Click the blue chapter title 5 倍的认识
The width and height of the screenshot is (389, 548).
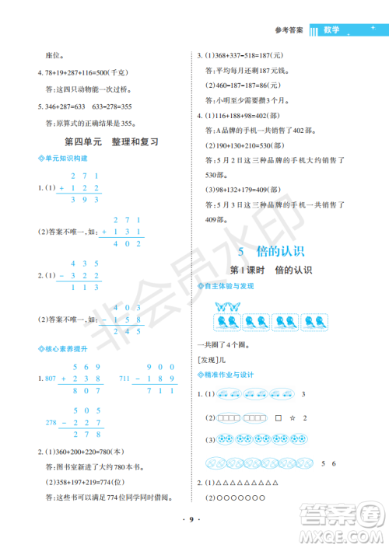tap(271, 250)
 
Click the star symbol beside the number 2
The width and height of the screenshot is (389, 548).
tap(292, 418)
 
